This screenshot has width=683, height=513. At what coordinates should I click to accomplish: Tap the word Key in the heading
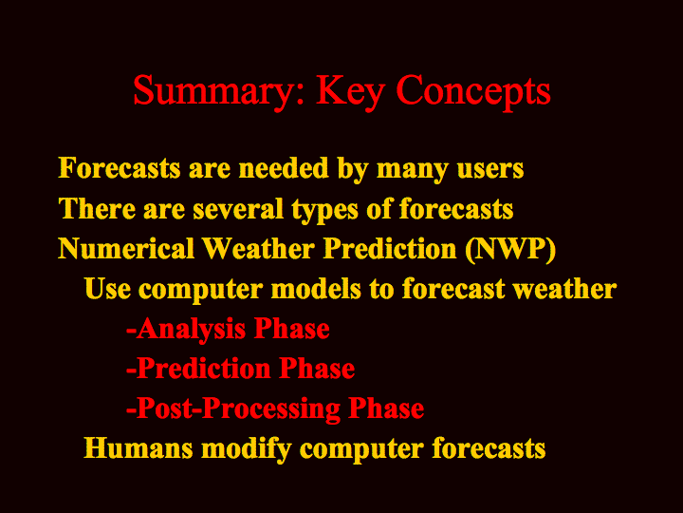click(x=351, y=91)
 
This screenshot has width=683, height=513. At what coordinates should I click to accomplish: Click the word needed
click(x=284, y=168)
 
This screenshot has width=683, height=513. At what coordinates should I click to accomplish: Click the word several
click(x=238, y=208)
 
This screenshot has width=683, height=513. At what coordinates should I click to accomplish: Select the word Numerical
click(x=126, y=249)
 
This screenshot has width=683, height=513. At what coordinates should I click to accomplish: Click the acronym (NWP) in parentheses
click(x=510, y=249)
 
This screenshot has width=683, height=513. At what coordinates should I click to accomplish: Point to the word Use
click(x=107, y=289)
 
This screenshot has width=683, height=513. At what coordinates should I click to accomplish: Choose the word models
click(x=316, y=289)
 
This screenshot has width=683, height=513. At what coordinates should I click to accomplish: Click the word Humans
click(x=138, y=448)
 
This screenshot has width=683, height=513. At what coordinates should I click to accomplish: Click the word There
click(x=97, y=208)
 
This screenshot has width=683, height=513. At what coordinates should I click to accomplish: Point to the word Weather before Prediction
click(x=259, y=249)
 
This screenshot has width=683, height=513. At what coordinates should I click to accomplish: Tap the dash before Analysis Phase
click(x=131, y=332)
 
